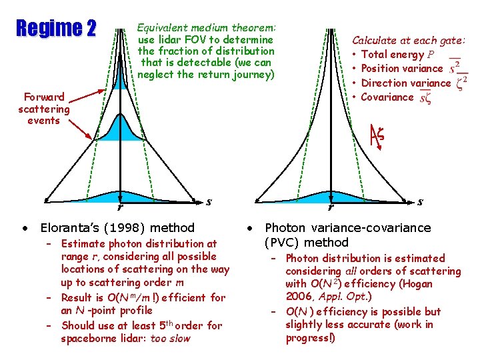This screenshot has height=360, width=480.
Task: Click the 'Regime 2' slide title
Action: coord(56,29)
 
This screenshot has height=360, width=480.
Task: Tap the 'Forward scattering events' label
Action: coord(43,109)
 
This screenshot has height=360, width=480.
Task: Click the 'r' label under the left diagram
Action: coord(119,206)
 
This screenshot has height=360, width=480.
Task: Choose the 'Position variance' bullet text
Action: coord(401,69)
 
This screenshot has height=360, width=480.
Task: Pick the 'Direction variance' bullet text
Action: coord(405,83)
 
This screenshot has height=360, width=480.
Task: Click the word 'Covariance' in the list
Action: coord(387,97)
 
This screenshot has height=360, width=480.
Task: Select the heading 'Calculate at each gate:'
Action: coord(409,41)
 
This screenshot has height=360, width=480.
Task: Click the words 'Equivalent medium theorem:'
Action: coord(206,28)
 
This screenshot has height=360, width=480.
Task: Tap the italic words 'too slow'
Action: coord(170,339)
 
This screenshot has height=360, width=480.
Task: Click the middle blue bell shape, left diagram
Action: coord(119,129)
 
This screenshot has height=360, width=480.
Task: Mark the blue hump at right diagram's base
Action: coord(331,198)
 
